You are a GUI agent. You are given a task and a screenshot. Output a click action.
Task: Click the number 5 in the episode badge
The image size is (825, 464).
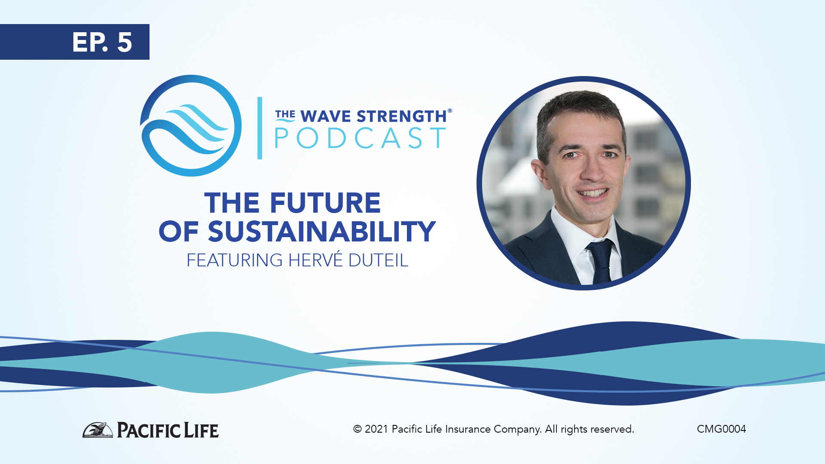(x=124, y=43)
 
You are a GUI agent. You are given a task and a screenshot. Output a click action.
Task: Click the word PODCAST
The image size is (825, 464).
(x=360, y=138)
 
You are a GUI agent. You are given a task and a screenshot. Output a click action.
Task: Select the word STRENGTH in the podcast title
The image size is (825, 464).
(x=402, y=116)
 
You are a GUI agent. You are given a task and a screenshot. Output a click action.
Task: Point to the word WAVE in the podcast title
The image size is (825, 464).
(x=326, y=116)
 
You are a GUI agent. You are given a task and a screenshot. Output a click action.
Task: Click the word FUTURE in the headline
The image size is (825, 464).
(x=325, y=203)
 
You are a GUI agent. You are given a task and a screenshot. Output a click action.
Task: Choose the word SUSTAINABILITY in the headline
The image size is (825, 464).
(x=322, y=232)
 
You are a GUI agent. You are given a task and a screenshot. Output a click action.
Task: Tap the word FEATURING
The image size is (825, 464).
(x=235, y=260)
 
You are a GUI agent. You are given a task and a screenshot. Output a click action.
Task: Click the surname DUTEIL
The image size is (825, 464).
(x=378, y=260)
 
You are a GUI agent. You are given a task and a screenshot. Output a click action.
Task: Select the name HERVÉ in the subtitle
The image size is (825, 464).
(x=316, y=259)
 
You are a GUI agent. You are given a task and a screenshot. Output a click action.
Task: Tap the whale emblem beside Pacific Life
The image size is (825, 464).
(x=98, y=430)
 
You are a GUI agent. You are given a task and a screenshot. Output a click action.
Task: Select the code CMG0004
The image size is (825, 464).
(x=721, y=429)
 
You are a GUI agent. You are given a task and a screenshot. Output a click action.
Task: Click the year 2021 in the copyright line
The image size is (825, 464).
(x=376, y=429)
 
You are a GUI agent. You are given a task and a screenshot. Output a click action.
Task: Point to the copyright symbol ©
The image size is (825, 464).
(x=357, y=429)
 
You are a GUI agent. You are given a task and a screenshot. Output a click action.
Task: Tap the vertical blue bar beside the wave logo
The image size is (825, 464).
(x=260, y=128)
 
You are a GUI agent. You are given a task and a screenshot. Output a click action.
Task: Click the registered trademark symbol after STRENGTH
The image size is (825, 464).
(x=449, y=111)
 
